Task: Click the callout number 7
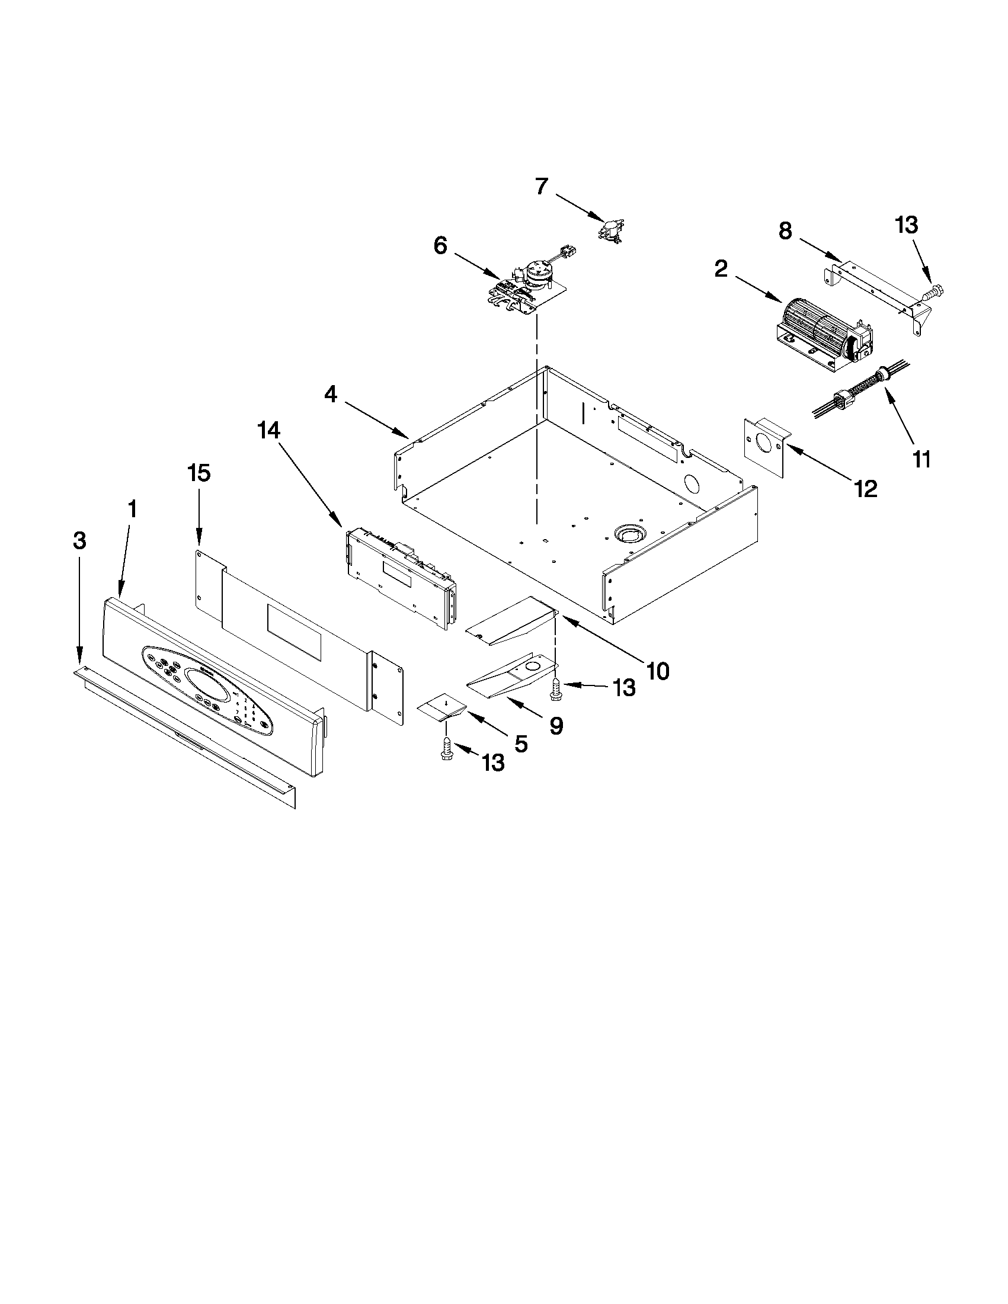pyautogui.click(x=542, y=187)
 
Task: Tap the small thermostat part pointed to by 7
pyautogui.click(x=612, y=230)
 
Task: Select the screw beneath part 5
pyautogui.click(x=446, y=750)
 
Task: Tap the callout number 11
pyautogui.click(x=921, y=460)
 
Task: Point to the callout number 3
pyautogui.click(x=79, y=541)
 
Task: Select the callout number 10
pyautogui.click(x=657, y=671)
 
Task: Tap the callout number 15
pyautogui.click(x=199, y=473)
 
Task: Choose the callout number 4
pyautogui.click(x=331, y=393)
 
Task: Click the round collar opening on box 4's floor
pyautogui.click(x=629, y=531)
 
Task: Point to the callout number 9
pyautogui.click(x=556, y=726)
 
